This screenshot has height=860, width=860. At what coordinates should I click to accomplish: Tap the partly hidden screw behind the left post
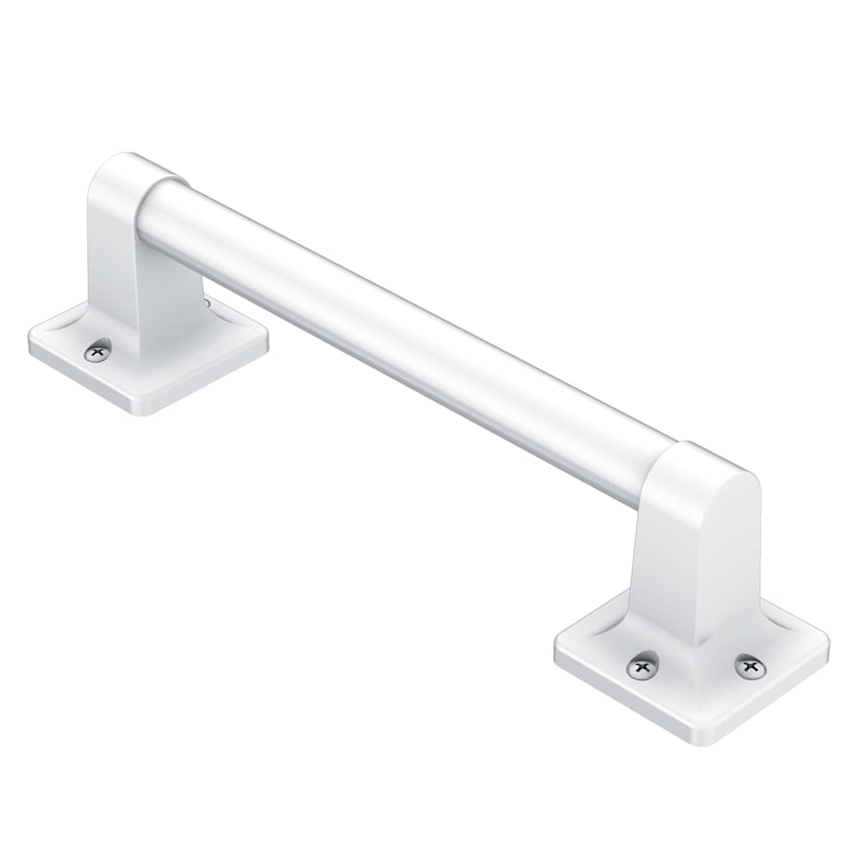(206, 304)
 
